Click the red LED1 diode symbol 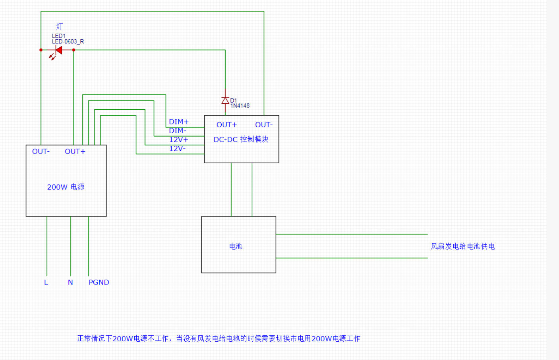(58, 50)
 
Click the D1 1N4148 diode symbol (225, 101)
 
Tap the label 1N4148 (240, 106)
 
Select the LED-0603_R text (68, 41)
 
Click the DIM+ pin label (178, 122)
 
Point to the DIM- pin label (177, 131)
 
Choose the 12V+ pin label (178, 139)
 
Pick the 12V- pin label (177, 149)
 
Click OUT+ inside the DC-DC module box (226, 125)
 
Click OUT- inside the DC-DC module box (264, 125)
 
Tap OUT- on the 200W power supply (41, 151)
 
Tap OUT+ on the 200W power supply (75, 151)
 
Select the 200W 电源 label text (66, 187)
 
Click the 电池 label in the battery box (236, 246)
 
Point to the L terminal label (46, 283)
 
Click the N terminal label (70, 283)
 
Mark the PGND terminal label (99, 283)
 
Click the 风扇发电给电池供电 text (462, 246)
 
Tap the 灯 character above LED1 (59, 26)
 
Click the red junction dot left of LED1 (41, 50)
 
